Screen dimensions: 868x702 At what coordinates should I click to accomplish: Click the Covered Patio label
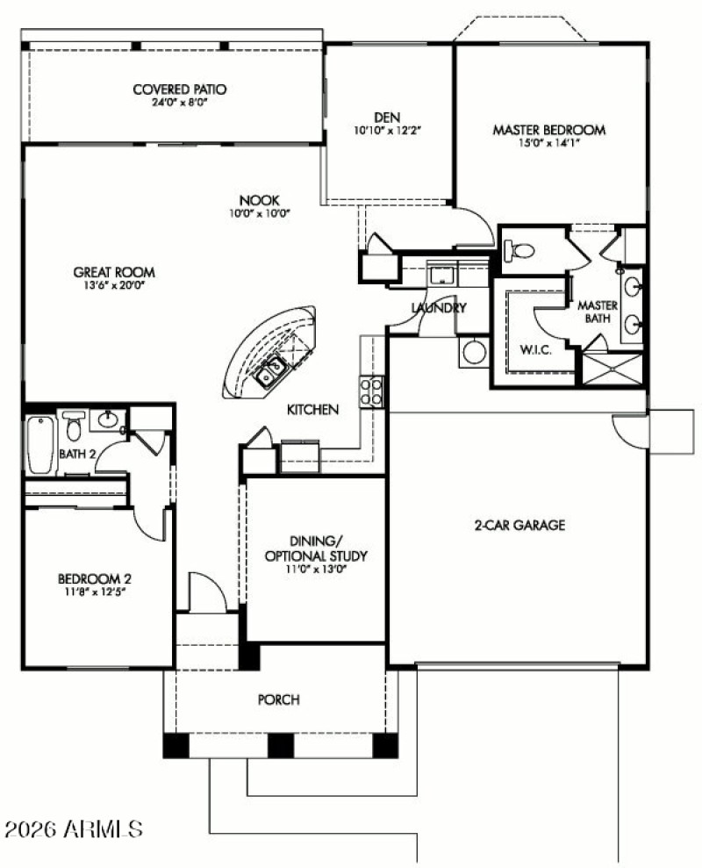pos(180,89)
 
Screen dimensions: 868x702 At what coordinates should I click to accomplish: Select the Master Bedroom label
pos(548,130)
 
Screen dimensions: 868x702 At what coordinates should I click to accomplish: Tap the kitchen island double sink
pos(269,372)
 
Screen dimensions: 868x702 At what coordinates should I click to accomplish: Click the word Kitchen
pos(313,410)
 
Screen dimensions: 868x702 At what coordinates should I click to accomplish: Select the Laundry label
pos(438,308)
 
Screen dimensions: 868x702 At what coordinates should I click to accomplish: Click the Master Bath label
pos(598,311)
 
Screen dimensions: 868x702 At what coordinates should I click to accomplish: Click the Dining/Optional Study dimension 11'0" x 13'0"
pos(316,569)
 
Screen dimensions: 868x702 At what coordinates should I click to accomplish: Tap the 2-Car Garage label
pos(519,526)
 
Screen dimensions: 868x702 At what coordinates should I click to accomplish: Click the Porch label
pos(278,699)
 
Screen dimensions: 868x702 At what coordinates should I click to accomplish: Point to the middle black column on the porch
pos(280,745)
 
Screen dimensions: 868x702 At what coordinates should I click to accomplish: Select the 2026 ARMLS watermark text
pos(74,828)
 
